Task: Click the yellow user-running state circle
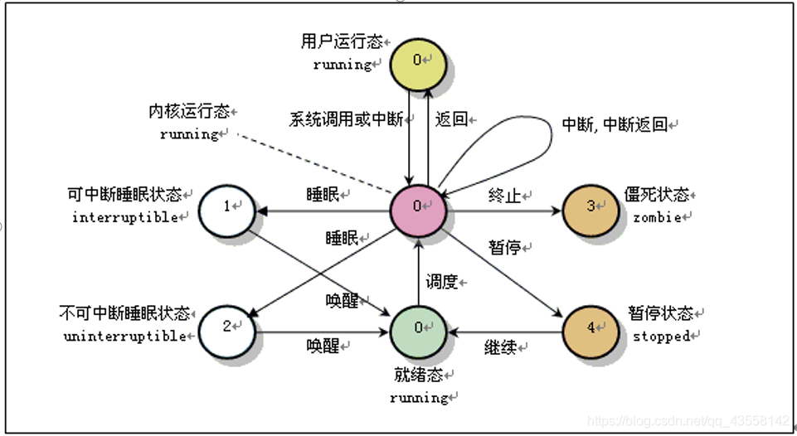pyautogui.click(x=419, y=61)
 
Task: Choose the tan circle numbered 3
pyautogui.click(x=590, y=207)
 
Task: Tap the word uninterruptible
pyautogui.click(x=125, y=337)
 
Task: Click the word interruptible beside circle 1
pyautogui.click(x=125, y=217)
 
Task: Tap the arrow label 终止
pyautogui.click(x=504, y=196)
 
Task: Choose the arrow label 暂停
pyautogui.click(x=504, y=246)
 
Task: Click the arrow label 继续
pyautogui.click(x=500, y=347)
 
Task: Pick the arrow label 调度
pyautogui.click(x=441, y=282)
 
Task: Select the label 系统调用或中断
pyautogui.click(x=346, y=119)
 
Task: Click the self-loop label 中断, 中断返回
pyautogui.click(x=615, y=125)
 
